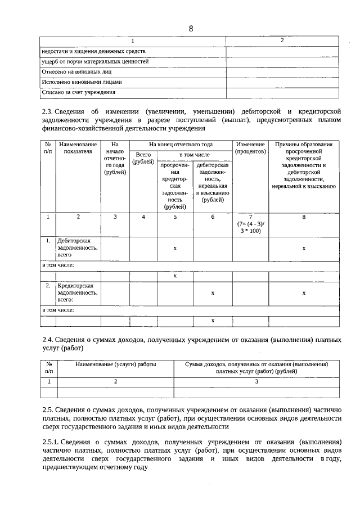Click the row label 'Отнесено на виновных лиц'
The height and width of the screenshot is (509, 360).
click(x=77, y=71)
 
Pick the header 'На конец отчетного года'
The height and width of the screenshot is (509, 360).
click(x=181, y=144)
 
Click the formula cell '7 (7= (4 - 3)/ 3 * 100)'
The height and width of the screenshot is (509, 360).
click(x=250, y=223)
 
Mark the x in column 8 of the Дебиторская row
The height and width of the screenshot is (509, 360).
click(x=304, y=247)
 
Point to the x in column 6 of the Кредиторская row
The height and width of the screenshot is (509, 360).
click(x=212, y=292)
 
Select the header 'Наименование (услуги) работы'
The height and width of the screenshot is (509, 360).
click(x=115, y=364)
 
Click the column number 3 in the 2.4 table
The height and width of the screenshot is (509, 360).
click(x=256, y=381)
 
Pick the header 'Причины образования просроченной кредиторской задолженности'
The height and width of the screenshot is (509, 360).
click(x=304, y=164)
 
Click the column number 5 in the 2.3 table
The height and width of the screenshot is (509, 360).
click(x=175, y=217)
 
